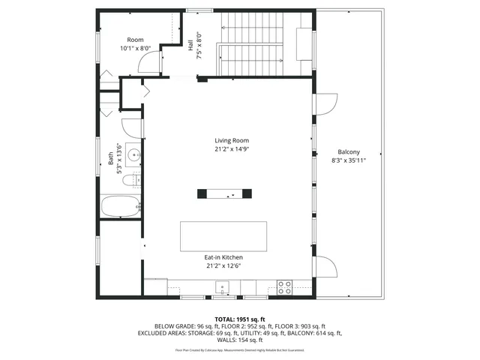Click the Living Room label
click(231, 140)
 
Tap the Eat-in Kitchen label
click(223, 257)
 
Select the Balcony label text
click(349, 151)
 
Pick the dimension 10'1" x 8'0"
click(135, 48)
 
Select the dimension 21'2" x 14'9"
click(231, 148)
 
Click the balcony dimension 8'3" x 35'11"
click(349, 160)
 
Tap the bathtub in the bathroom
click(121, 205)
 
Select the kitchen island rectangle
click(223, 236)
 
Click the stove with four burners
click(285, 286)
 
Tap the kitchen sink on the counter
click(222, 286)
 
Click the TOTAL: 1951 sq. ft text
click(239, 319)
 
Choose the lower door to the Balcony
click(324, 265)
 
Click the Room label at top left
click(135, 40)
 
